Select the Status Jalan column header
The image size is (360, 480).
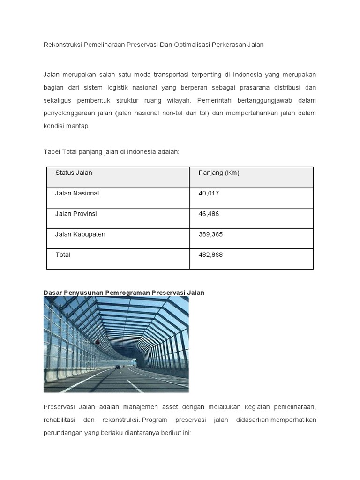coord(74,172)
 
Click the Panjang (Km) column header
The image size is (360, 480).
coord(219,172)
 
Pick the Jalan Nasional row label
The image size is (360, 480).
coord(77,193)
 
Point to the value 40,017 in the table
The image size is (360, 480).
coord(209,193)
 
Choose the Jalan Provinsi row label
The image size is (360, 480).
coord(76,214)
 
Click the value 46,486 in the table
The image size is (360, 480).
coord(209,214)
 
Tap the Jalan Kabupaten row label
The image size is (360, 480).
coord(80,234)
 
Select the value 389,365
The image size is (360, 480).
coord(211,234)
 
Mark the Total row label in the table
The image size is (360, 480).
coord(63,255)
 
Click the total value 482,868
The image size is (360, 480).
coord(211,255)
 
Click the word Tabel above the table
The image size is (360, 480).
coord(52,152)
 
